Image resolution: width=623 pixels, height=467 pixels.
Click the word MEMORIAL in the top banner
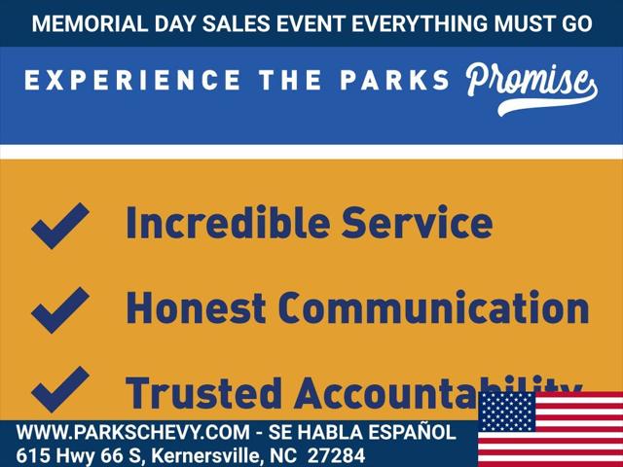point(90,23)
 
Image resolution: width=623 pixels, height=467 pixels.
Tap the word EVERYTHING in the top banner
point(420,23)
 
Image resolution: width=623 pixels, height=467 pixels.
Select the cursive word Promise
point(531,89)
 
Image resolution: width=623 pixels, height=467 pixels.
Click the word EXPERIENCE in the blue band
point(132,80)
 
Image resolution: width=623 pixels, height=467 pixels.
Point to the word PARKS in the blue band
point(394,80)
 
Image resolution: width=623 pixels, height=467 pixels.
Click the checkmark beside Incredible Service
point(60,226)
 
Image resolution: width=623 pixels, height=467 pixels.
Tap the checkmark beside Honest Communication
point(60,310)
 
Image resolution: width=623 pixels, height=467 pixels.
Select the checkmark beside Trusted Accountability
point(60,389)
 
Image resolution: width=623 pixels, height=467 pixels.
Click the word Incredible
point(228,222)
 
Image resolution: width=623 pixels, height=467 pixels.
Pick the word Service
point(418,222)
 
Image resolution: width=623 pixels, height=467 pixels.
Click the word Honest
point(196,307)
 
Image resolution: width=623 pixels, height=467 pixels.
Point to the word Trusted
point(203,393)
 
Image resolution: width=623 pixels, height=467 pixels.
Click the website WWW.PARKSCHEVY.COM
point(133,432)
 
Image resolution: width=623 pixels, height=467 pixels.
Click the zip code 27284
point(336,455)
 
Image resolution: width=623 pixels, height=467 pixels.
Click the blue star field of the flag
point(506,412)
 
